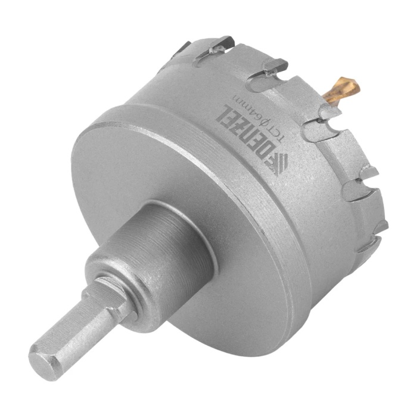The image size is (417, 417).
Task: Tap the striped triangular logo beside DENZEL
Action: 278,164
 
